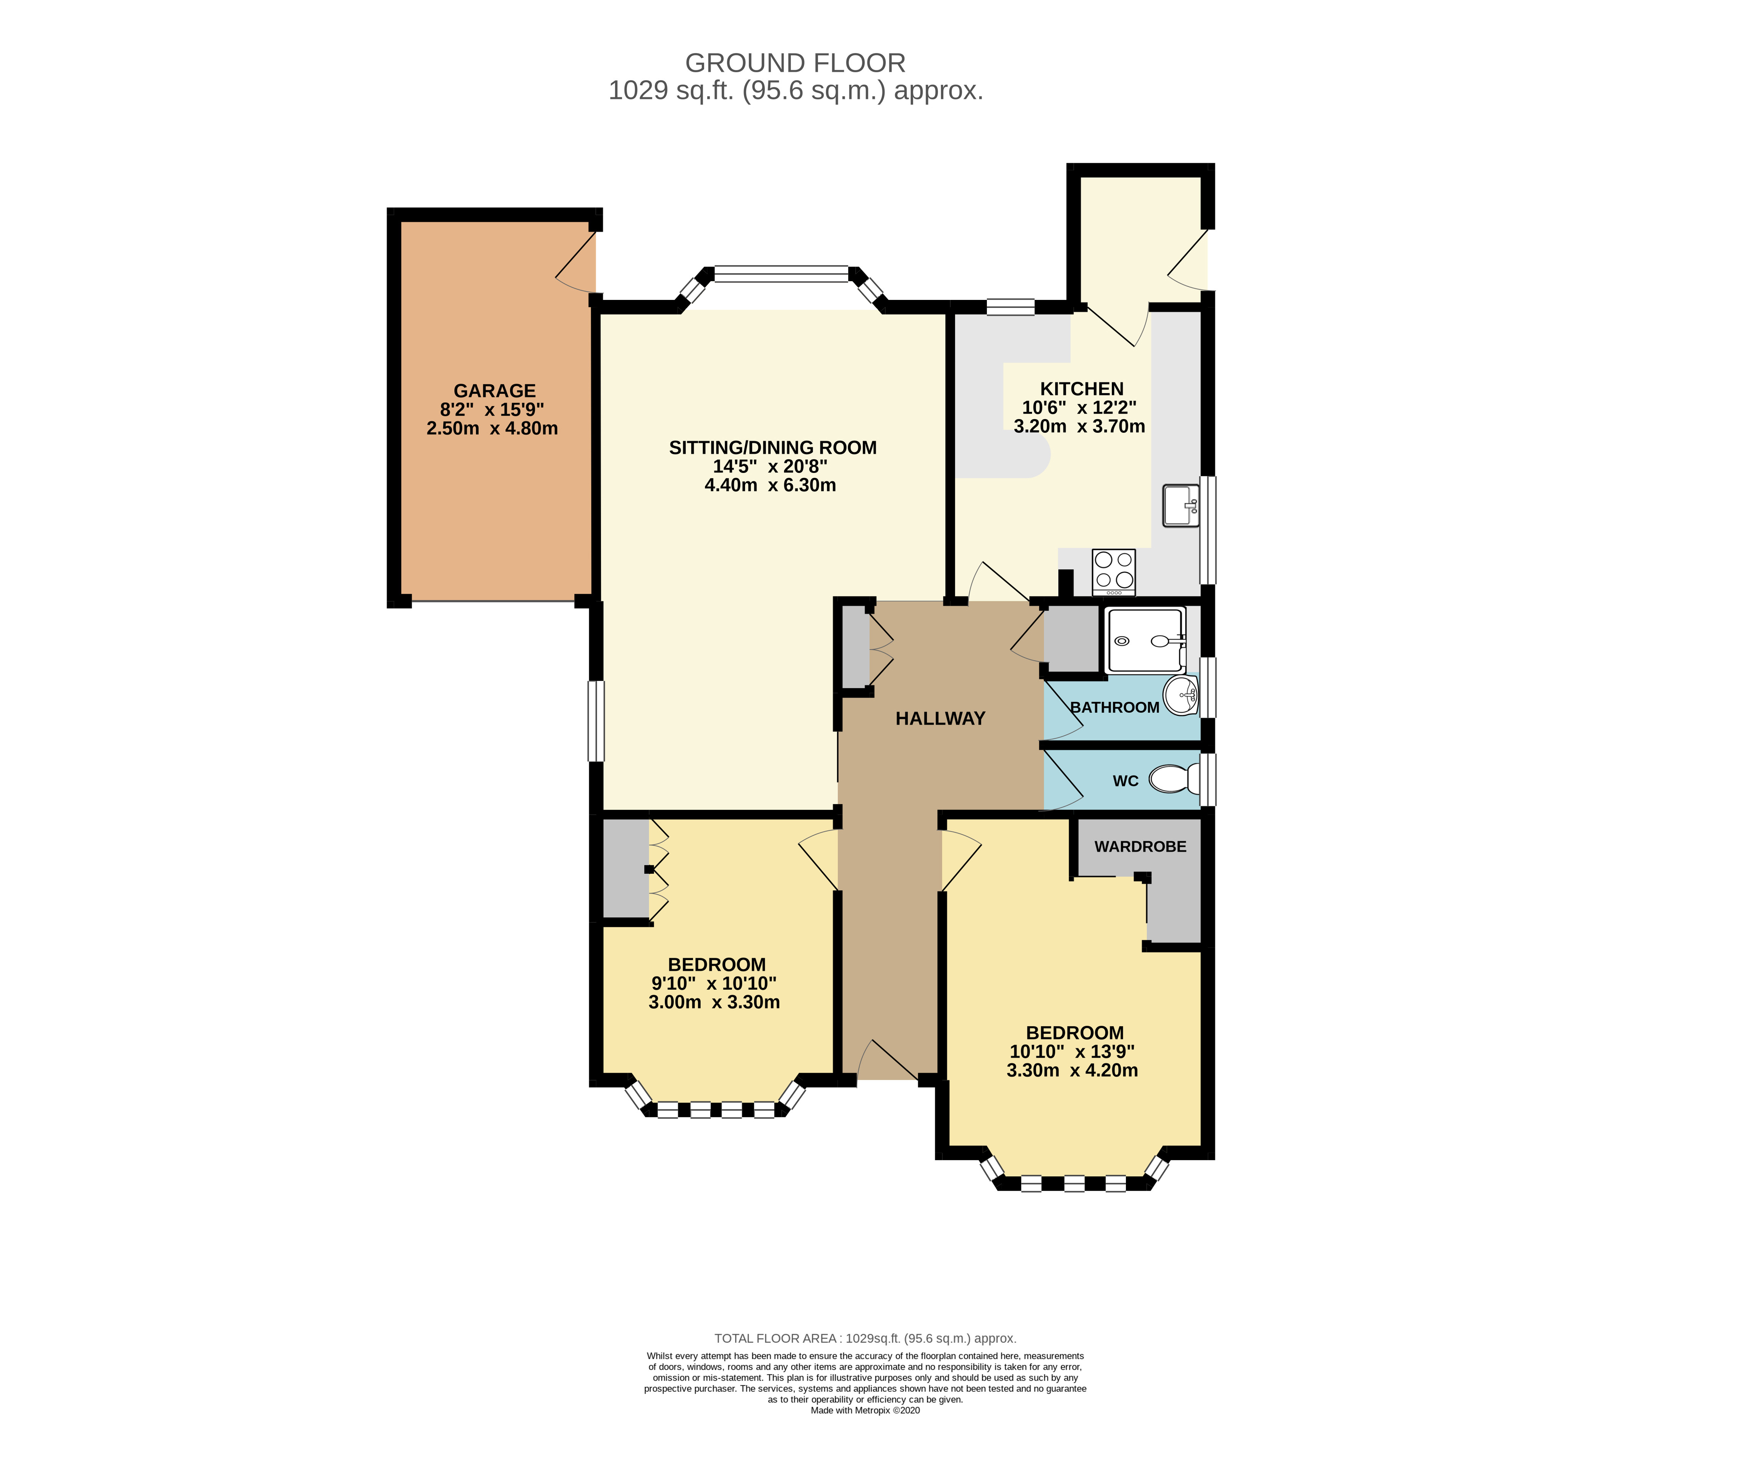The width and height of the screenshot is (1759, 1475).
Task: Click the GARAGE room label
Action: (x=494, y=391)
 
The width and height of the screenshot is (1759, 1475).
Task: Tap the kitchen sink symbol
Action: (x=1181, y=505)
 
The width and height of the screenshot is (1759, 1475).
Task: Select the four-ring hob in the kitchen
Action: (x=1114, y=571)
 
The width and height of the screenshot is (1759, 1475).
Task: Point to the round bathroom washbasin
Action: (x=1181, y=695)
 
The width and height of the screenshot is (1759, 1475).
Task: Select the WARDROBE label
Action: (x=1140, y=847)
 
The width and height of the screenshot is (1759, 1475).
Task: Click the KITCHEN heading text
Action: (x=1081, y=389)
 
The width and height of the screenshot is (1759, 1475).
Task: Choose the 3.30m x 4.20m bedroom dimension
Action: (x=1072, y=1070)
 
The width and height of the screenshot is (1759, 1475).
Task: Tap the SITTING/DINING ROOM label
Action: (x=772, y=448)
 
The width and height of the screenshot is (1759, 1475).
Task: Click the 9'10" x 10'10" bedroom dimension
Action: (x=714, y=983)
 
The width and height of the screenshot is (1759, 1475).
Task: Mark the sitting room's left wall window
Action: (x=596, y=720)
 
